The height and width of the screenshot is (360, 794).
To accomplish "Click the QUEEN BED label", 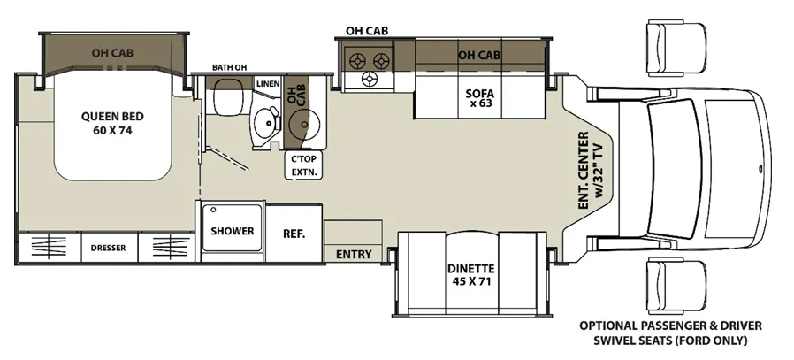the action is coord(112,123).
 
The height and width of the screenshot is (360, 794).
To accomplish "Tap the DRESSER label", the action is coord(109,248).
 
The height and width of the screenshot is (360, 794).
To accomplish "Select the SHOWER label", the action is coord(233,232).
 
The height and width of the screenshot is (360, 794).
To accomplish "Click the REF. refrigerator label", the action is coord(294,234).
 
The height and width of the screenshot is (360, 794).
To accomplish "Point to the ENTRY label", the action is coord(354,254).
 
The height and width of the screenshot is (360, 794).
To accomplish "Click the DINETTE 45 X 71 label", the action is coord(471,274).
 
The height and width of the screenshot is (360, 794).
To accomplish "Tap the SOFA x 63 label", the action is coord(479,98).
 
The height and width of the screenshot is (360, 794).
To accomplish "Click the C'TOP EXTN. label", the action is coord(304,165).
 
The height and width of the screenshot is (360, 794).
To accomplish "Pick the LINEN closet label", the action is coord(268,83).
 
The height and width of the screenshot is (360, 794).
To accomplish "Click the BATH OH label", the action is coord(225,67).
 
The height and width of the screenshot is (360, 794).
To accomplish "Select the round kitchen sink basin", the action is coord(304,125).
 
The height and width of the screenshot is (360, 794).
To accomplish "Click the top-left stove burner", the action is coord(358,61).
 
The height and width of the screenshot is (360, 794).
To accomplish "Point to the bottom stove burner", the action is coord(370,79).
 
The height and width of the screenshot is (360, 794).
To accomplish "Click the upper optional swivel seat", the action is coord(676,47).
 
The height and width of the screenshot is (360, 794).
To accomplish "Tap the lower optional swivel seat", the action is coord(676,287).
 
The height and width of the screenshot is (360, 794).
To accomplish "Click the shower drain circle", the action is coord(214,209).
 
